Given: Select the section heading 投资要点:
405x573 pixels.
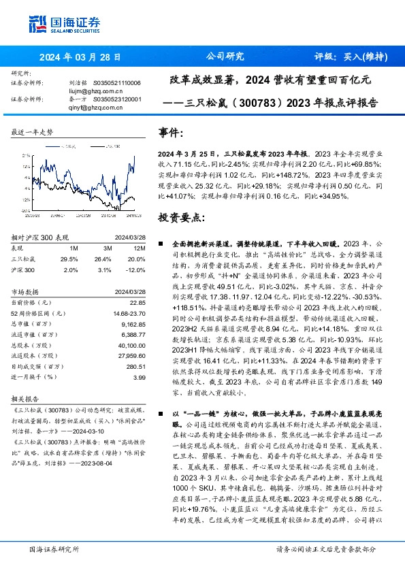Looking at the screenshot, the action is click(181, 217).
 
